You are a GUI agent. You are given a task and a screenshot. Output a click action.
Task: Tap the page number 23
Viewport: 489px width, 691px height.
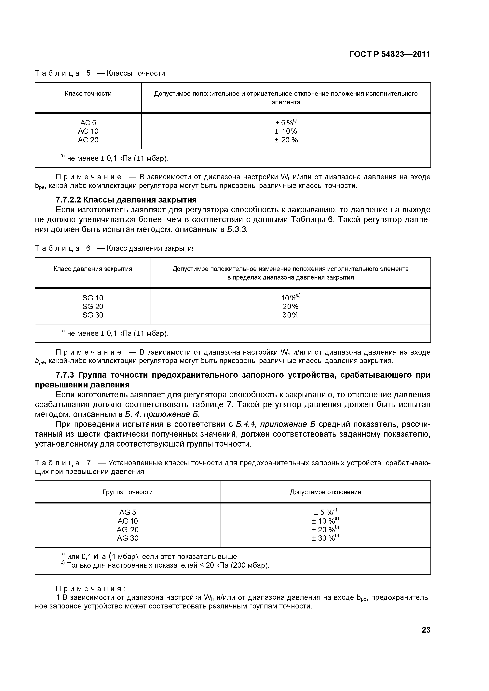426,630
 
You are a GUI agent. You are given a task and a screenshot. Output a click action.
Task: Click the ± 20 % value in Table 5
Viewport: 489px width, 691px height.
286,140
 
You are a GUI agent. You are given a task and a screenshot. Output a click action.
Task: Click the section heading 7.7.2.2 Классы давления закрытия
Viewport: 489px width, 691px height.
126,200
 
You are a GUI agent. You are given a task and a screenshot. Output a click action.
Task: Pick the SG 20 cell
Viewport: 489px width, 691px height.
93,306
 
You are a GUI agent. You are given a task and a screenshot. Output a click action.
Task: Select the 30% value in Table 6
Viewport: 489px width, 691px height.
290,315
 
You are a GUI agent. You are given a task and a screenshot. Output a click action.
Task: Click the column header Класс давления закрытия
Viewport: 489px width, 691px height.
93,269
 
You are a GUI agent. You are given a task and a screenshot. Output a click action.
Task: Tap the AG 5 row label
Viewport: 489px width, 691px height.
128,512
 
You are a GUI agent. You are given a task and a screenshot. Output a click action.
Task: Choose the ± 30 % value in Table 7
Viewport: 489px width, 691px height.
325,538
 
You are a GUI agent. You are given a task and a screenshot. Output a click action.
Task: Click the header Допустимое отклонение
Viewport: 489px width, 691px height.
325,492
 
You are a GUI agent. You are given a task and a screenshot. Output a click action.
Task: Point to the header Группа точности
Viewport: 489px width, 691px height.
128,492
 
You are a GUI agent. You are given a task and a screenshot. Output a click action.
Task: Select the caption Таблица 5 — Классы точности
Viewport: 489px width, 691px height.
100,73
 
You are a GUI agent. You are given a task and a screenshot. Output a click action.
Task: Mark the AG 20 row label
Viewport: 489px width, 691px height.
128,529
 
